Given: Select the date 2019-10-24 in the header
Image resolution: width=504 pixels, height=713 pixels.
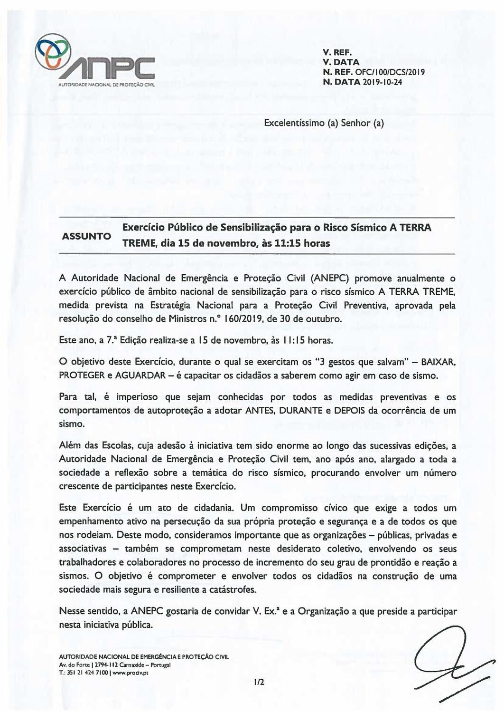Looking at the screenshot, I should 383,82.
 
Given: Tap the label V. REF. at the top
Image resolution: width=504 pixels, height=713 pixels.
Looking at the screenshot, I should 336,53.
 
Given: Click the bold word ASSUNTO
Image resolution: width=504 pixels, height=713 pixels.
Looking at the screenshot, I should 86,236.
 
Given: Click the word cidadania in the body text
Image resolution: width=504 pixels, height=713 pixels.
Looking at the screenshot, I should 211,508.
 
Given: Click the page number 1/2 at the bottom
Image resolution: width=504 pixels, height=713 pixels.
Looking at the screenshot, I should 259,682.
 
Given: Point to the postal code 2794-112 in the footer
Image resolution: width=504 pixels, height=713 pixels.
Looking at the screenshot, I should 106,665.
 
